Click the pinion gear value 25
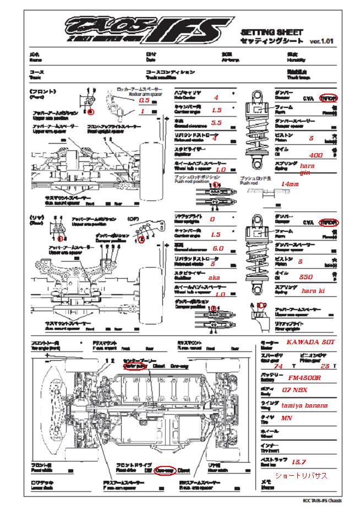(x=325, y=366)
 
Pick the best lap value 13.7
(x=298, y=462)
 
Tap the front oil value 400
(x=315, y=156)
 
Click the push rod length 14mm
(x=290, y=184)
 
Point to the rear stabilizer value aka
(x=214, y=278)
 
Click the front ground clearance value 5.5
(x=216, y=123)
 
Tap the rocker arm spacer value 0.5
(x=144, y=101)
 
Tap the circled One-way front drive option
(x=165, y=470)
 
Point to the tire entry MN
(x=286, y=419)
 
